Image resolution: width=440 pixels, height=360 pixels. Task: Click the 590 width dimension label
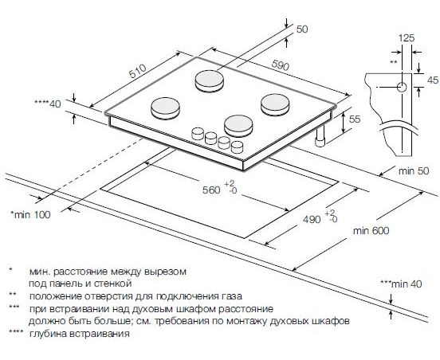coord(280,65)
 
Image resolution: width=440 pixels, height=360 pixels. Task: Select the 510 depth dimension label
coord(138,71)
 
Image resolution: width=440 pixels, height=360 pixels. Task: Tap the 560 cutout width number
coord(211,190)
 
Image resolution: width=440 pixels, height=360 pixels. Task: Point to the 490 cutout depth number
coord(312,219)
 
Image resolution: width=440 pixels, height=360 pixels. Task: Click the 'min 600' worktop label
coord(371,231)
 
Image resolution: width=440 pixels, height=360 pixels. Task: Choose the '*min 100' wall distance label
coord(30,215)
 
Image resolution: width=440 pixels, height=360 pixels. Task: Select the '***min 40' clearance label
coord(401,284)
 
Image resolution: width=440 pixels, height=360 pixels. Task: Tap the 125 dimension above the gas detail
coord(407,38)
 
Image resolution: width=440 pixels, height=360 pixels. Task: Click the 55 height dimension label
coord(354,119)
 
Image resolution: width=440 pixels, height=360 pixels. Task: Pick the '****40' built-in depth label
coord(47,104)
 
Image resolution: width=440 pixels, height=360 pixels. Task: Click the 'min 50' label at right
coord(414,170)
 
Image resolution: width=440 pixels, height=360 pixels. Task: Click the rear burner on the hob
coord(210,81)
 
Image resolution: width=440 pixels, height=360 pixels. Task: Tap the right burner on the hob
coord(275,104)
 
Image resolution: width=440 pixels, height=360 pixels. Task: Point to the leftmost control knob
coord(198,134)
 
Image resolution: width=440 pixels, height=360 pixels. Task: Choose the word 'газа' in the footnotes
coord(232,296)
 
